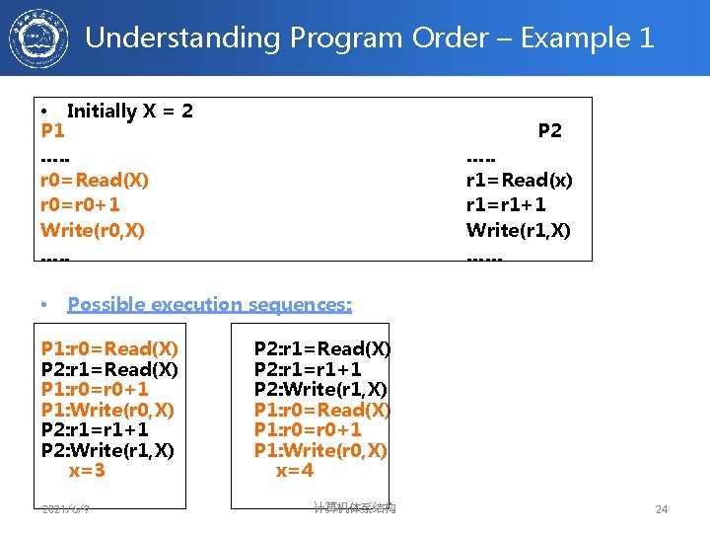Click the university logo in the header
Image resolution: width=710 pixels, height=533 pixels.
39,38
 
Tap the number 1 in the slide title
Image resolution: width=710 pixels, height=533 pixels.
646,38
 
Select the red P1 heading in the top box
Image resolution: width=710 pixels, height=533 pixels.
53,131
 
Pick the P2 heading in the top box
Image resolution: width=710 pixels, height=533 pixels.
550,131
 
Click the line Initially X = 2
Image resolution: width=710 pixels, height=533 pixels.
129,111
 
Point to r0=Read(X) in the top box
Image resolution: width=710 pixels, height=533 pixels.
95,181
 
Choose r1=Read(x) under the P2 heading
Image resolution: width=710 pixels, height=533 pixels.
519,181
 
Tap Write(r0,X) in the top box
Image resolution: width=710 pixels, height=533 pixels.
93,230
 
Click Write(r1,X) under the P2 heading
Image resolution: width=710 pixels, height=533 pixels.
518,230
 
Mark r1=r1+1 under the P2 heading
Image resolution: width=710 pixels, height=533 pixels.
506,205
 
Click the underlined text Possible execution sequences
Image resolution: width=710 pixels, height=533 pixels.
209,305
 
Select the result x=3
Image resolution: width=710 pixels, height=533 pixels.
87,471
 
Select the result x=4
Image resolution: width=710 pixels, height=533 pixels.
295,471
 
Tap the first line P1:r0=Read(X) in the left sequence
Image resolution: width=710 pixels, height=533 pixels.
109,348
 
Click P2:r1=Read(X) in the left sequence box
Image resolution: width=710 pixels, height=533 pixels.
109,369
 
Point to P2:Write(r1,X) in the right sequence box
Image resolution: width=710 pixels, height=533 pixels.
320,390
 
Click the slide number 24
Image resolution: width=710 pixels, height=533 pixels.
662,509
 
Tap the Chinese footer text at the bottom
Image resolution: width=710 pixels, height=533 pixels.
354,507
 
